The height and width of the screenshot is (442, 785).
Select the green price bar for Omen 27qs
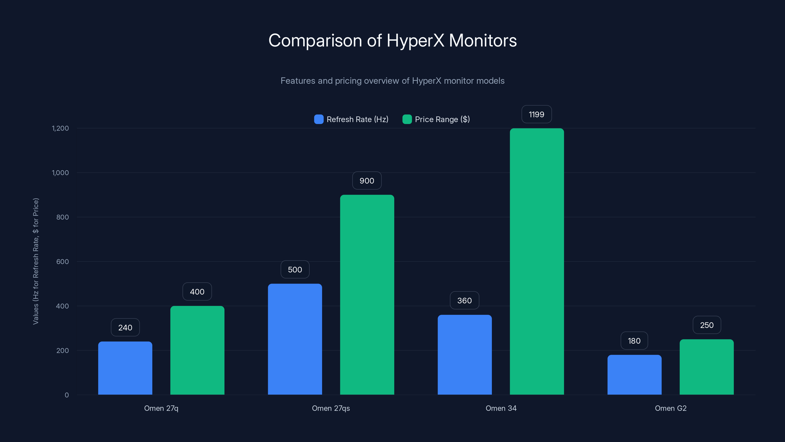click(x=367, y=295)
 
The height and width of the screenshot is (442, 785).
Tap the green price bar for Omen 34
click(x=537, y=262)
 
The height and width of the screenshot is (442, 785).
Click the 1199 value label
click(x=536, y=114)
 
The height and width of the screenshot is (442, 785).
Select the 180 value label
click(x=634, y=341)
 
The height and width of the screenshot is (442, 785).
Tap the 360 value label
click(x=464, y=301)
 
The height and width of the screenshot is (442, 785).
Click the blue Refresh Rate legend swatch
click(x=319, y=119)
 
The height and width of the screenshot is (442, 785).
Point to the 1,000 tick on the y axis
click(x=60, y=173)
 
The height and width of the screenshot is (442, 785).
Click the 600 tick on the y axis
click(x=63, y=262)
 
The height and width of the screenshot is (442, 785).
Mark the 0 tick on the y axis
click(x=67, y=395)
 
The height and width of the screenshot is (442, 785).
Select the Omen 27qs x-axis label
click(x=331, y=408)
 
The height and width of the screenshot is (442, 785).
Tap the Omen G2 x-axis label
click(x=670, y=408)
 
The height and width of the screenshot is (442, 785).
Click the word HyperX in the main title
click(x=415, y=41)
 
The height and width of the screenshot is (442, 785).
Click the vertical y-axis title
click(x=36, y=261)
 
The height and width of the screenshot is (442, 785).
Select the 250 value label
click(x=707, y=325)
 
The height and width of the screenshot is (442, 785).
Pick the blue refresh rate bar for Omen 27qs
click(x=295, y=339)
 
